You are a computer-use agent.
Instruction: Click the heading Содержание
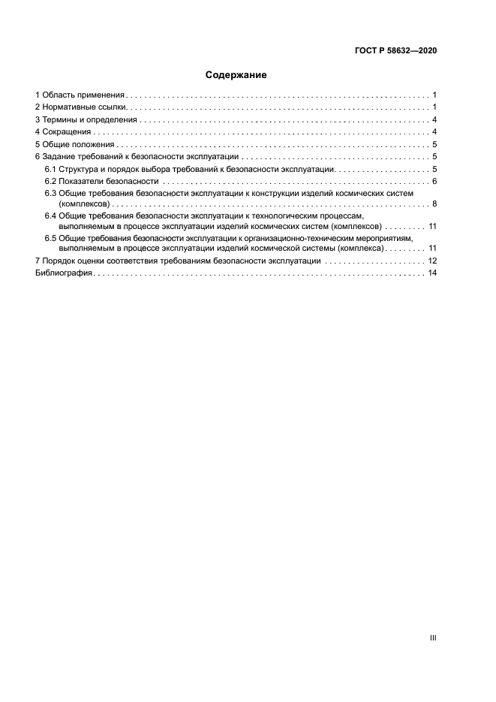(x=236, y=75)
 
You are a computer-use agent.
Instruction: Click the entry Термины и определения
(x=89, y=120)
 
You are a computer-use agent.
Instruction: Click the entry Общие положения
(x=78, y=144)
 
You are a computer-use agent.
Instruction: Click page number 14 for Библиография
(x=432, y=273)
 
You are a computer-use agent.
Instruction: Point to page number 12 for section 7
(x=432, y=261)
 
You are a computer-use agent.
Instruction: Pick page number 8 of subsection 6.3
(x=434, y=203)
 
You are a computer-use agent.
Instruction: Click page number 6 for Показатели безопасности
(x=434, y=181)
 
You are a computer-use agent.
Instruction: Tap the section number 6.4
(x=50, y=216)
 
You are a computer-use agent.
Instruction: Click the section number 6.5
(x=50, y=238)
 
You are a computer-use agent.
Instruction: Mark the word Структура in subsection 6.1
(x=80, y=169)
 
